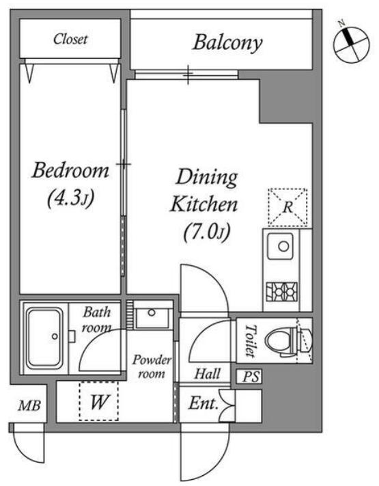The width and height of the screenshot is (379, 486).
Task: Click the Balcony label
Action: point(227,42)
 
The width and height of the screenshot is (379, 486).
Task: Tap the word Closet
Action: point(70,39)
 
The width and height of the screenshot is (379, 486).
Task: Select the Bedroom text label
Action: point(70,170)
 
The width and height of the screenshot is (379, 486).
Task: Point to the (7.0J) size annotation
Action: point(207,232)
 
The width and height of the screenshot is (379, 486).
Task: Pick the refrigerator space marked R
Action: point(287,206)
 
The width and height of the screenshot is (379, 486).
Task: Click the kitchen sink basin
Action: point(281,246)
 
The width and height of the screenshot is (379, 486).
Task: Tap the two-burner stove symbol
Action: point(281,292)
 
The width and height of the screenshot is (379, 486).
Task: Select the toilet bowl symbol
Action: point(285,340)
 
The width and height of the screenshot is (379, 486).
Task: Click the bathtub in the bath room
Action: point(45,338)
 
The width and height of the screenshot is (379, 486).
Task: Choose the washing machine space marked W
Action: point(99,401)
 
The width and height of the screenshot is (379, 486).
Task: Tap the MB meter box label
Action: point(29,405)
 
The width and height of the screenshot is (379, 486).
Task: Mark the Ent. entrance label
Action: point(203,403)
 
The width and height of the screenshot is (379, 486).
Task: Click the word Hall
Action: point(208,373)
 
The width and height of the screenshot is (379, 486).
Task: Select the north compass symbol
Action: point(352,42)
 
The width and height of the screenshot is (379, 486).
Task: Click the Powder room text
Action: point(152,366)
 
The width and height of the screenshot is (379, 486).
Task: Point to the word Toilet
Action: point(251,340)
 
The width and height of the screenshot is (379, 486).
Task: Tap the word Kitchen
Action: point(204,204)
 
